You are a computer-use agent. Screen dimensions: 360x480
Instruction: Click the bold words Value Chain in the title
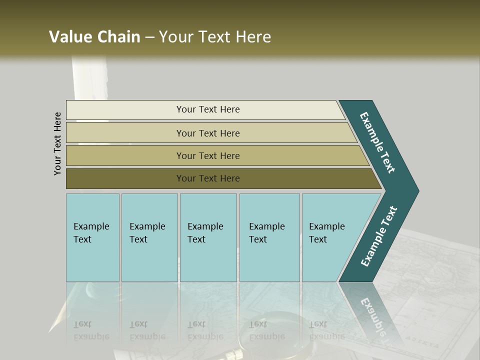pyautogui.click(x=94, y=37)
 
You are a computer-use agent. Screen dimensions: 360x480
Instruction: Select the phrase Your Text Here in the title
pyautogui.click(x=215, y=37)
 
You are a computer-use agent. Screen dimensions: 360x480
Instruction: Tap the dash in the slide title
pyautogui.click(x=149, y=37)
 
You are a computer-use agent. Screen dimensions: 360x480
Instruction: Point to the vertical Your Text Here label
pyautogui.click(x=58, y=143)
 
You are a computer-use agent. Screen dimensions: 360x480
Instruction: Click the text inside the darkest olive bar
pyautogui.click(x=208, y=178)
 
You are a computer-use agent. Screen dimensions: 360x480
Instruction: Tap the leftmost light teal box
pyautogui.click(x=92, y=237)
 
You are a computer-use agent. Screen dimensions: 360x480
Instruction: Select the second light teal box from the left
pyautogui.click(x=149, y=237)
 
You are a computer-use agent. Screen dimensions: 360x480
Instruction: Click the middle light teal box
pyautogui.click(x=208, y=237)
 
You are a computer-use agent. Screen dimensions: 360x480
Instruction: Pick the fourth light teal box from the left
pyautogui.click(x=269, y=237)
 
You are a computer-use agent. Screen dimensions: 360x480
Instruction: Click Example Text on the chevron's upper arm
pyautogui.click(x=378, y=142)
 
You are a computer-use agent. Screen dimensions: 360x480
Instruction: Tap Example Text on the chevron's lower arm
pyautogui.click(x=378, y=236)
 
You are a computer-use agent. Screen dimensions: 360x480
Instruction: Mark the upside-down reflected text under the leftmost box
pyautogui.click(x=91, y=330)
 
